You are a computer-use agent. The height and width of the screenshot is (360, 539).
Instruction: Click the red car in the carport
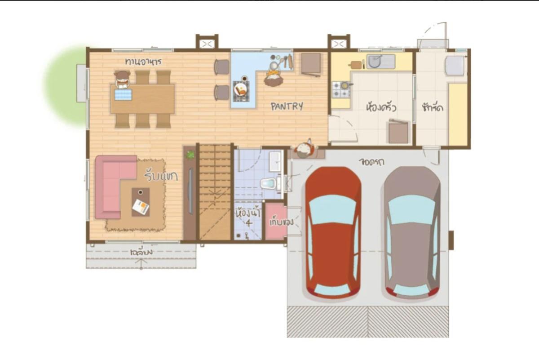333,231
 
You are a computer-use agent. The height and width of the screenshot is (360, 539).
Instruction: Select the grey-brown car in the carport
412,231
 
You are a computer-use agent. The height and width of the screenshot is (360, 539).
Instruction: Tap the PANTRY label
287,107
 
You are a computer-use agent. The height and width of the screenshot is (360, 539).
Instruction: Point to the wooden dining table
142,99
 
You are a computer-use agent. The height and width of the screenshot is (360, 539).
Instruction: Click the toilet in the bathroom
268,183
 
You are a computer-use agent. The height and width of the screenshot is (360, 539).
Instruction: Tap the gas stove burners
341,89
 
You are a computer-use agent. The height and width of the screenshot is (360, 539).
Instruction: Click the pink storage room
276,221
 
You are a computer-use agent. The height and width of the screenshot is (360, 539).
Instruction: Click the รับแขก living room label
161,176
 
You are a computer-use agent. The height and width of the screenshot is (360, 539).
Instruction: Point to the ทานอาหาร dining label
143,61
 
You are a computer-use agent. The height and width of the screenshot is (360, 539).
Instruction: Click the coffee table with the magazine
141,202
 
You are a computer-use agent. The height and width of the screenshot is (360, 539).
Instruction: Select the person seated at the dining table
122,80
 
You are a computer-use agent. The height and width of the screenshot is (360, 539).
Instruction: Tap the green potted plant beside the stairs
190,155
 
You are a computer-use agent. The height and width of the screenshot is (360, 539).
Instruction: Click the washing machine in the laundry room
455,66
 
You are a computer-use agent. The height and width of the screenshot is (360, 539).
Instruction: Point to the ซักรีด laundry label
433,108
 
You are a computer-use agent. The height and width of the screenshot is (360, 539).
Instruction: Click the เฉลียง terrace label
141,253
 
